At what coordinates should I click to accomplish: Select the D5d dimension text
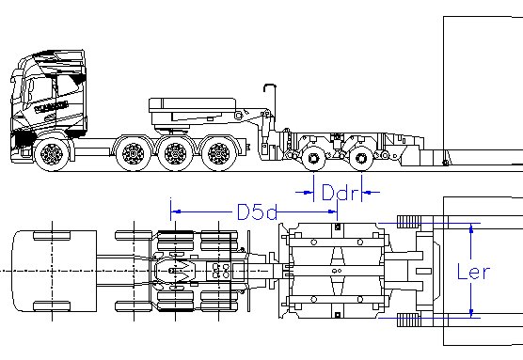tap(257, 211)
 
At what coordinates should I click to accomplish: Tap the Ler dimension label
tap(473, 272)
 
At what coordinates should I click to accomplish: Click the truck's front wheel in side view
tap(52, 154)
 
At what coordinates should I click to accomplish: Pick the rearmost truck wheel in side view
tap(219, 153)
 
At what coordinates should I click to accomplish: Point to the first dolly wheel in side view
tap(313, 158)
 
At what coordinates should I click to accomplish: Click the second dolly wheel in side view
tap(361, 158)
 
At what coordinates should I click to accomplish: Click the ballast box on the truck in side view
tap(193, 111)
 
